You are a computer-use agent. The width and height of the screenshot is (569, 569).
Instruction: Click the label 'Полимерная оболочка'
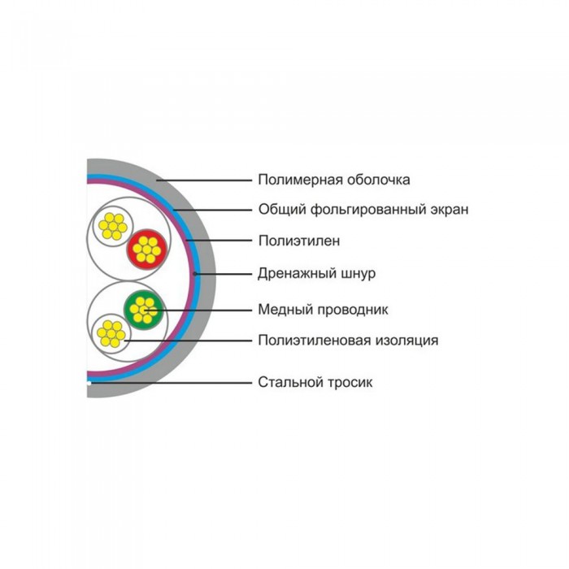[x=334, y=180]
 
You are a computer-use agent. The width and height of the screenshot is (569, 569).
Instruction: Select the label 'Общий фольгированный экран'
[x=363, y=210]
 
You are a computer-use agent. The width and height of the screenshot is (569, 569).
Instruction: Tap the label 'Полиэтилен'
[x=299, y=241]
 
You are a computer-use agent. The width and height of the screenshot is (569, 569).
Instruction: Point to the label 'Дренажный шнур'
[x=316, y=273]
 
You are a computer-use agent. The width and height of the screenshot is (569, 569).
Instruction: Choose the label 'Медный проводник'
[x=323, y=310]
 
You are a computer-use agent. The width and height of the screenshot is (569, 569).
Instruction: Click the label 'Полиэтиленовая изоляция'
[x=348, y=341]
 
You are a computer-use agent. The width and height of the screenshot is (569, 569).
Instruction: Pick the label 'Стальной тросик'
[x=315, y=382]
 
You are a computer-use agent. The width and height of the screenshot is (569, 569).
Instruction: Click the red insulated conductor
[x=146, y=250]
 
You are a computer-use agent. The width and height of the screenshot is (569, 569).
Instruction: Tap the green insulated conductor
[x=144, y=310]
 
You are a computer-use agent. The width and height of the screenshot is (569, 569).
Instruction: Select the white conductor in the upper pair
[x=113, y=227]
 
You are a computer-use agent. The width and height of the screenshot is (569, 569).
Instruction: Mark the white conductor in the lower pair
[x=111, y=333]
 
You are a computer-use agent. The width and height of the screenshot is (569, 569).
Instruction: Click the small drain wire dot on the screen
[x=195, y=274]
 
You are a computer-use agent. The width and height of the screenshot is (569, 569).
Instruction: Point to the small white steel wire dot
[x=89, y=383]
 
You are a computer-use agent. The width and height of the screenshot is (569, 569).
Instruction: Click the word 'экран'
[x=450, y=211]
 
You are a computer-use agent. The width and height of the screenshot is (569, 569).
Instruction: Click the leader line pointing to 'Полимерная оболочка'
[x=204, y=180]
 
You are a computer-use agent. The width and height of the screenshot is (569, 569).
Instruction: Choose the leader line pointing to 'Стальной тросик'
[x=172, y=383]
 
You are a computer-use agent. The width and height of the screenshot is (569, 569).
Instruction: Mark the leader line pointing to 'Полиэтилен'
[x=219, y=241]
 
